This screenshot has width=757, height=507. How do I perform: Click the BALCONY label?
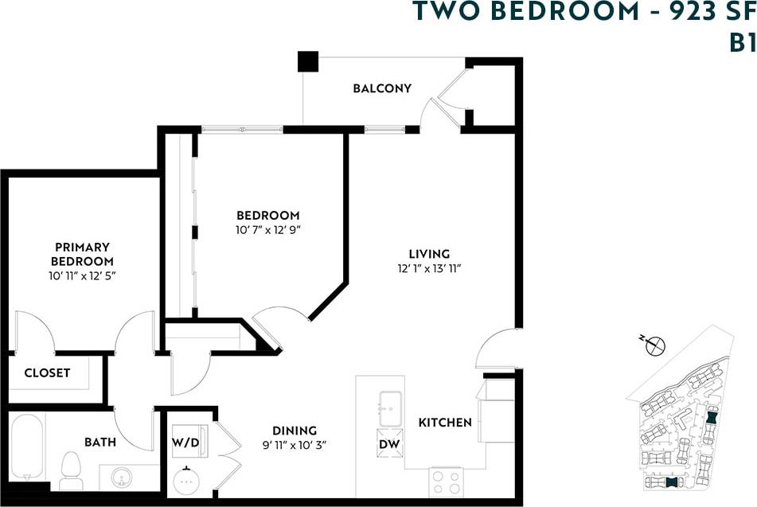pos(382,88)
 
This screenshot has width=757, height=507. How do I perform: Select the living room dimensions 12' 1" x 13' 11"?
pos(430,268)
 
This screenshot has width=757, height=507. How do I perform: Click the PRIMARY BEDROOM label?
pos(82,254)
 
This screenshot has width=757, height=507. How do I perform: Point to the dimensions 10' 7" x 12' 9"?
pos(267,229)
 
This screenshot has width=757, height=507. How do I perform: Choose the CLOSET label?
pos(47,372)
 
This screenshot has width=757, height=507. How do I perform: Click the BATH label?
pos(100,442)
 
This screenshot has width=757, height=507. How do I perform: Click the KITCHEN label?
pos(445,422)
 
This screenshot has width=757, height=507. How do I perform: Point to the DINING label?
pos(295,431)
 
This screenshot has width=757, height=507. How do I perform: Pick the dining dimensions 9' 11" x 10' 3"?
pos(295,445)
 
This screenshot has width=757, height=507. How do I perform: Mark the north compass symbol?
pos(656,346)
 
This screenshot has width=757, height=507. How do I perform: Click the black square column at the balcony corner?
pos(307,61)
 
